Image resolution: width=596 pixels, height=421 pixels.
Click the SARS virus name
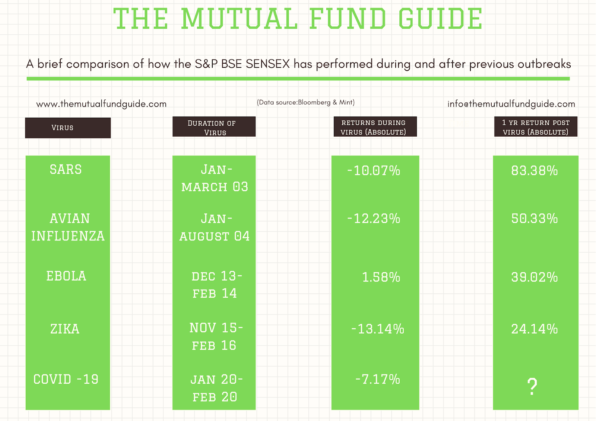coord(66,169)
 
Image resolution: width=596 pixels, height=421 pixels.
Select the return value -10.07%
coord(374,170)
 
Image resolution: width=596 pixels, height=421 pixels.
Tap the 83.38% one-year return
coord(534,170)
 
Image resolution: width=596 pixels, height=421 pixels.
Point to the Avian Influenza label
coord(68,227)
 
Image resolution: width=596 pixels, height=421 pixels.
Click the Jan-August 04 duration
coord(215,227)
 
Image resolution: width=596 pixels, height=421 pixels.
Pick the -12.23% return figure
coord(374,219)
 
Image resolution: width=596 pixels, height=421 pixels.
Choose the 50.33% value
coord(534,219)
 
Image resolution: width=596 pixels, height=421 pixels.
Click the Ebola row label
coord(66,276)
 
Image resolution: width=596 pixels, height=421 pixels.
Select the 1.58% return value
coord(381,277)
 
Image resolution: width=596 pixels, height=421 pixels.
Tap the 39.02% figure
coord(534,277)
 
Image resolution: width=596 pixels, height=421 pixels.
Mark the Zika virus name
coord(65,329)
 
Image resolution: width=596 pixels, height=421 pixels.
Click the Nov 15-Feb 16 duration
coord(216,337)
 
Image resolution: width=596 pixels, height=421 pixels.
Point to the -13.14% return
coord(378,329)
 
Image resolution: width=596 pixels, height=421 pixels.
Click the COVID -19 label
coord(66,379)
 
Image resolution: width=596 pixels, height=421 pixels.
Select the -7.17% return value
coord(378,379)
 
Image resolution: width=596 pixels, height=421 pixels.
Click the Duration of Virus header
coord(214,128)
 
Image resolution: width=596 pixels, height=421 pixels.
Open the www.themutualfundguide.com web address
coord(101,104)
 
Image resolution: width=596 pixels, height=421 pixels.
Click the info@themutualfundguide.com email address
coord(511,104)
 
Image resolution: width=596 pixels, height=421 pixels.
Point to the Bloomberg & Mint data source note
coord(306,102)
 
